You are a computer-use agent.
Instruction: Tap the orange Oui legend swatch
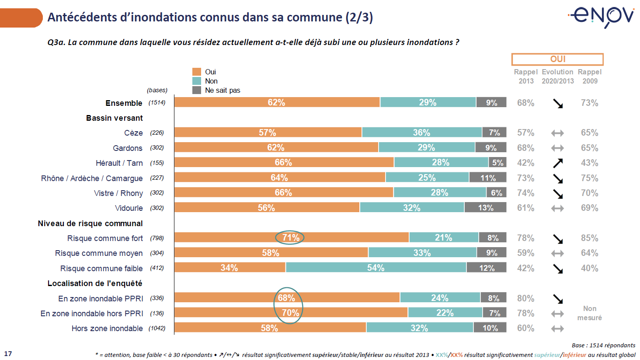point(197,72)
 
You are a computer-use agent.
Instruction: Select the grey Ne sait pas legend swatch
point(197,90)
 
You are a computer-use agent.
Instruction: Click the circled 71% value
point(290,238)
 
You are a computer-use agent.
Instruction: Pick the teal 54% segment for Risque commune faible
point(376,268)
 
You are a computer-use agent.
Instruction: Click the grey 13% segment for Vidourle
point(485,208)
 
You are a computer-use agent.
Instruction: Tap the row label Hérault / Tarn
point(119,163)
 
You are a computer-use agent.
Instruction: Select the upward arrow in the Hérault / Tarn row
point(558,163)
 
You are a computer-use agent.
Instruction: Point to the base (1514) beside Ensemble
point(157,103)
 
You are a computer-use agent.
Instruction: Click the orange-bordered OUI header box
point(557,59)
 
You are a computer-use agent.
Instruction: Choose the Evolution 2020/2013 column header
point(557,77)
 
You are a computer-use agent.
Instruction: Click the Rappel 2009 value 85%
point(589,238)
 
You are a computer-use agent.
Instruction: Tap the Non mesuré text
point(589,313)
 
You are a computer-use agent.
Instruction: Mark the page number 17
point(8,353)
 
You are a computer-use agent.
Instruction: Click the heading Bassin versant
point(115,118)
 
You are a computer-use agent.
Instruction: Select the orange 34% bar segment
point(230,268)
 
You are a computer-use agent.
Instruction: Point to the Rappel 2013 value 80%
point(525,298)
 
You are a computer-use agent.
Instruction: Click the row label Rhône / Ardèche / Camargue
point(92,178)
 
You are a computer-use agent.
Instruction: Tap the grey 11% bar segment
point(488,178)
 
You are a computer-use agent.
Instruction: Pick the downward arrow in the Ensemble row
point(558,104)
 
